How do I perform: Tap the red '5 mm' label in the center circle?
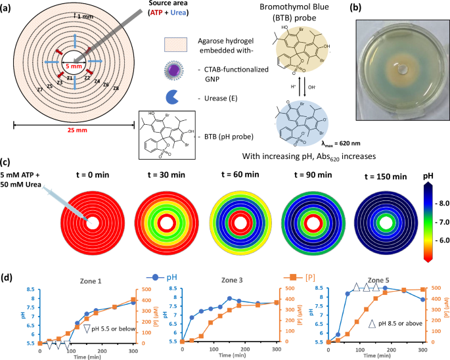[x=74, y=66]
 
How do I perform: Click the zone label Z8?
[x=116, y=87]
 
